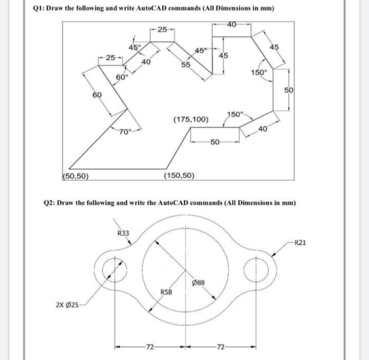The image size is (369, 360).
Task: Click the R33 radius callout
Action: [x=123, y=233]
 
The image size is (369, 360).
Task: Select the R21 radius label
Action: [x=300, y=242]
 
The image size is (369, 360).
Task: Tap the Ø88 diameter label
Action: [x=199, y=282]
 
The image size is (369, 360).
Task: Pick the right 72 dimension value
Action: [x=221, y=348]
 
